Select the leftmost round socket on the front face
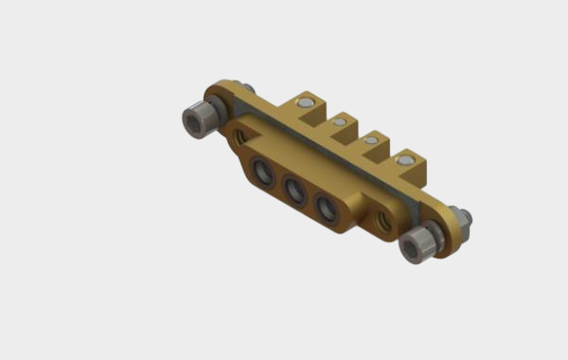pyautogui.click(x=262, y=173)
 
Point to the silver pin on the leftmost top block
pyautogui.click(x=305, y=102)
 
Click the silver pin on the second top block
pyautogui.click(x=339, y=122)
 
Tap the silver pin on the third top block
pyautogui.click(x=371, y=141)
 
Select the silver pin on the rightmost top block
pyautogui.click(x=406, y=161)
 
